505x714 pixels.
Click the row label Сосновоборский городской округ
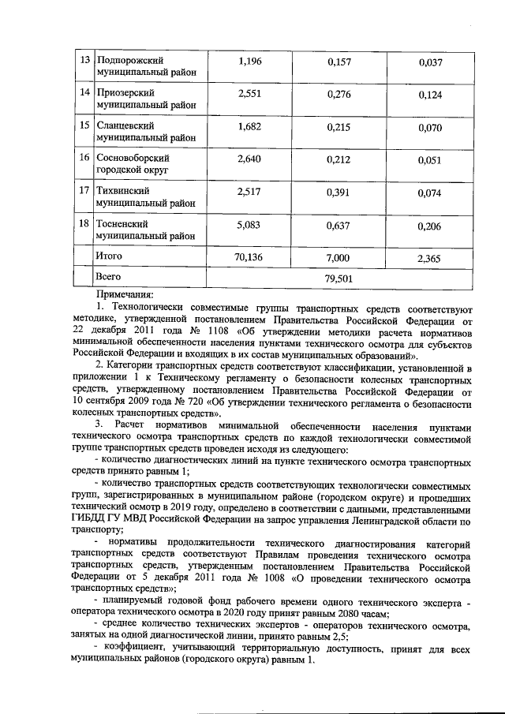pyautogui.click(x=133, y=164)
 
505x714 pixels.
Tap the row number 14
pyautogui.click(x=83, y=93)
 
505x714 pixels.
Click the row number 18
pyautogui.click(x=83, y=224)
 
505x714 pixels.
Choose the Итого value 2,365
pyautogui.click(x=429, y=257)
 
